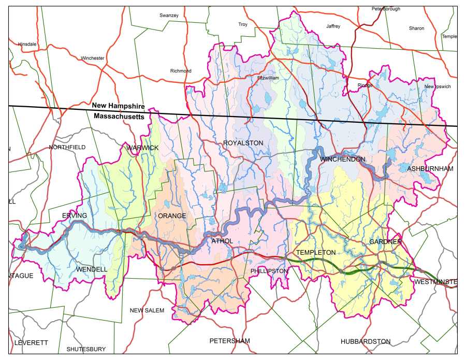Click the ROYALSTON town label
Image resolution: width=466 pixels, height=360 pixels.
tap(243, 143)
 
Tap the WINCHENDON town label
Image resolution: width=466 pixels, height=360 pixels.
tap(342, 159)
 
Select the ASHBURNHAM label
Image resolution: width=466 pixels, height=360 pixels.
tap(430, 169)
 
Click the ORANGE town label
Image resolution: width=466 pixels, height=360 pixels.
tap(172, 215)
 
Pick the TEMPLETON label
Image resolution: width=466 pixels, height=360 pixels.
tap(315, 252)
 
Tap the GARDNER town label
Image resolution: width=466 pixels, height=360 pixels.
tap(385, 242)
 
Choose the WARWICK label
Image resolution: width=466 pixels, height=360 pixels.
tap(142, 148)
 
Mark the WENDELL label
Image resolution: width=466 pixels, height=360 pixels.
tap(92, 269)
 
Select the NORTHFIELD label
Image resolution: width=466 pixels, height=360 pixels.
tap(67, 148)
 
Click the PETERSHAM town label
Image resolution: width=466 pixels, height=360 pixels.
tap(229, 341)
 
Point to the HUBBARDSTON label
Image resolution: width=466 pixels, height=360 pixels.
tap(366, 341)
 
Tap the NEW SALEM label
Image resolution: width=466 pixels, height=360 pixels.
tap(147, 310)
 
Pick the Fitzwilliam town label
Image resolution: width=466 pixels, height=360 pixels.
tap(268, 78)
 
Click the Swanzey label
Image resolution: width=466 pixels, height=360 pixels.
tap(169, 16)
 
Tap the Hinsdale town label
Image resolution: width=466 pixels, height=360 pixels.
tap(27, 45)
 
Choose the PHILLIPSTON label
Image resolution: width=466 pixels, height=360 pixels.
tap(269, 271)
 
